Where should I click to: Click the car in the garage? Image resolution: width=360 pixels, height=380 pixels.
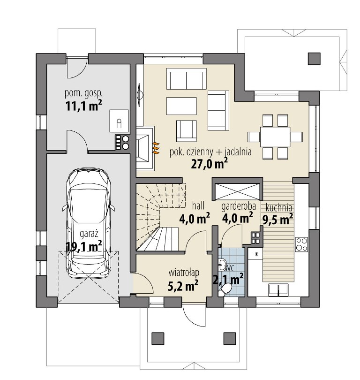89,223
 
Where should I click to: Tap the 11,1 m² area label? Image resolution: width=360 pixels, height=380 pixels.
83,106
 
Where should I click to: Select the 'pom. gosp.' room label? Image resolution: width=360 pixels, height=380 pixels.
83,93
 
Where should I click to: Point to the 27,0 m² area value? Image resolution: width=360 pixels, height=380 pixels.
209,164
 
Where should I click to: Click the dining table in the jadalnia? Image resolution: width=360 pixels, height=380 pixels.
275,137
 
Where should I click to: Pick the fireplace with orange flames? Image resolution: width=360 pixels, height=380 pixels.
145,148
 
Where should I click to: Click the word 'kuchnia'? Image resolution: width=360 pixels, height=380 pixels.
278,208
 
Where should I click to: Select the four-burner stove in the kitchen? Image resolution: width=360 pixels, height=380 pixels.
302,244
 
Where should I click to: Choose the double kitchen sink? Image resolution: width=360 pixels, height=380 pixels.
278,290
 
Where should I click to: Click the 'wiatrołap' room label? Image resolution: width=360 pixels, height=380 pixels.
184,273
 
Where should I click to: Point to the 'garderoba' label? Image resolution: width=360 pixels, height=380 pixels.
239,207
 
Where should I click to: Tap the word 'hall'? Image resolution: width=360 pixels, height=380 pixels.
198,206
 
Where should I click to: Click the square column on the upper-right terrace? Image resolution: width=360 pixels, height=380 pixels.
314,59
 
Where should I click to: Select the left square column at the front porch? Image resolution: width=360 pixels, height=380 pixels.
158,339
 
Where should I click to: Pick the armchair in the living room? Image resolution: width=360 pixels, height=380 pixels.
186,131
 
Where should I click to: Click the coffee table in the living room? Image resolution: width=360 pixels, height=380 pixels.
181,106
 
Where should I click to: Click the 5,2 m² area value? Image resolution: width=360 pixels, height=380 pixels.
183,286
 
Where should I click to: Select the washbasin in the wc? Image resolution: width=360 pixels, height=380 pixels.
222,265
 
